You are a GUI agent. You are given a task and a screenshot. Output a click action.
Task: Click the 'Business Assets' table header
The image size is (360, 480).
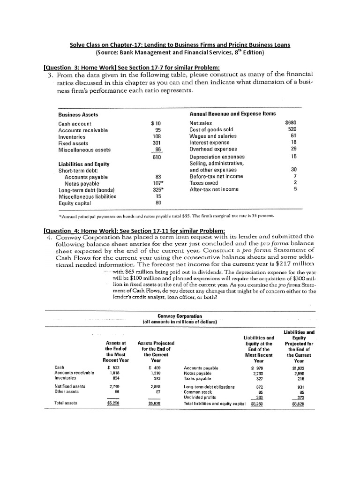click(x=78, y=114)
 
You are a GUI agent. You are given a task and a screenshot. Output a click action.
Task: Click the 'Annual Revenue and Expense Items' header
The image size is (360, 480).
click(x=232, y=114)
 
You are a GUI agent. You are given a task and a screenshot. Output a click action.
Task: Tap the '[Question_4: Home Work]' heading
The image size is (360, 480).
click(x=134, y=230)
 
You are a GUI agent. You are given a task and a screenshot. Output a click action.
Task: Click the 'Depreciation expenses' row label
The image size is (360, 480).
click(x=217, y=157)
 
